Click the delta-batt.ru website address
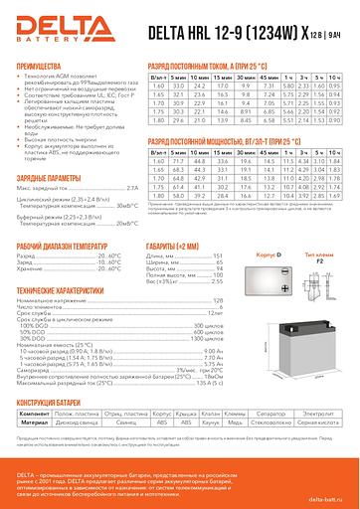(327, 494)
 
